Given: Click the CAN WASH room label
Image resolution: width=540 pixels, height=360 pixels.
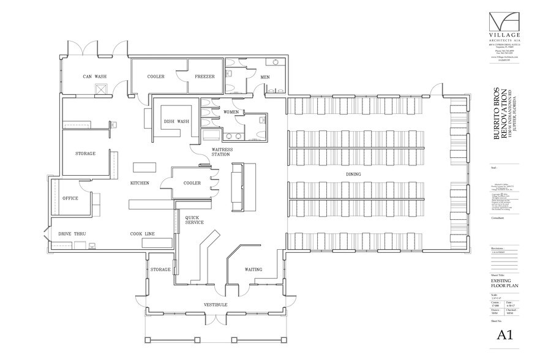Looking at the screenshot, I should click(x=96, y=77).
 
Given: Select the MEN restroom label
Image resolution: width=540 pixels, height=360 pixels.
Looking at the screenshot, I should click(x=265, y=77).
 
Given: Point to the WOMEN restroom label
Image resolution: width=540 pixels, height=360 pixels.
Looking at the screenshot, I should click(x=231, y=112).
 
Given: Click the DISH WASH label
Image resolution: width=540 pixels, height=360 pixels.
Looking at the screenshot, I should click(x=175, y=121).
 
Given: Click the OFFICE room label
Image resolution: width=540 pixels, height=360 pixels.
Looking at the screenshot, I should click(x=70, y=198).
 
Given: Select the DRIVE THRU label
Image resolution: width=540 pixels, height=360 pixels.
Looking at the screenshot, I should click(x=72, y=234).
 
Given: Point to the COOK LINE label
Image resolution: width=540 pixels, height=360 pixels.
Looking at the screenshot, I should click(x=141, y=234).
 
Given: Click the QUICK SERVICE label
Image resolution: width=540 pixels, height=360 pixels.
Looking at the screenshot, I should click(x=193, y=220).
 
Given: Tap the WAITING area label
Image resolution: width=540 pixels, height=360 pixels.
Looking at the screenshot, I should click(x=253, y=269).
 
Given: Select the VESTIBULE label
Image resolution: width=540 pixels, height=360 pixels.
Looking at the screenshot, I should click(x=216, y=304).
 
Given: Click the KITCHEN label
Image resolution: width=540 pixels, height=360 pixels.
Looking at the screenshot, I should click(x=140, y=183).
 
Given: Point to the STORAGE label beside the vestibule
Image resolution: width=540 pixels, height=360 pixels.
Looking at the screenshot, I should click(x=160, y=269).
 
